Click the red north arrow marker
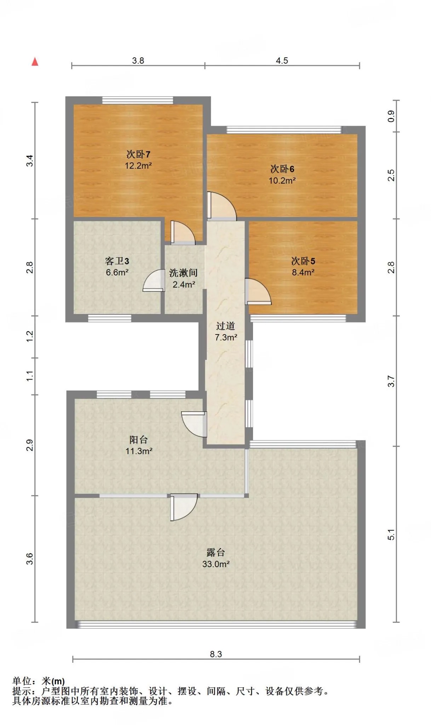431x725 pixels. point(35,62)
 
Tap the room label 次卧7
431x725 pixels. point(138,154)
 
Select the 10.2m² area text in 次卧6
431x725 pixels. point(282,181)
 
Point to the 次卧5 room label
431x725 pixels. point(303,261)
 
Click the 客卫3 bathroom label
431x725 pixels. point(117,261)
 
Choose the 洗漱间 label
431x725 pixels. point(183,273)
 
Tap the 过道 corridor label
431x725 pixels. point(226,326)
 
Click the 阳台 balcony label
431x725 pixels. point(139,440)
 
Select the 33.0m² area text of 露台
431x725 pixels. point(216,564)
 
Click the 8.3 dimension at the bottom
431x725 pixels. point(216,654)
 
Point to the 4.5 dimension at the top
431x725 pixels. point(282,61)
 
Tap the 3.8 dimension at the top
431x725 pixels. point(138,61)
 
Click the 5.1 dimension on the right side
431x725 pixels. point(391,535)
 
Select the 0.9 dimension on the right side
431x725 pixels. point(391,116)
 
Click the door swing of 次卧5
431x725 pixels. point(258,291)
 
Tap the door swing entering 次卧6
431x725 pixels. point(222,206)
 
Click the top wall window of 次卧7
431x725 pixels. point(138,100)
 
